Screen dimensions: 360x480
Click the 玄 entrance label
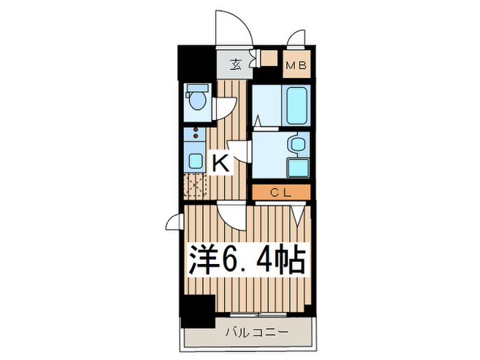click(x=235, y=65)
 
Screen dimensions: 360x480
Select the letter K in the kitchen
click(x=220, y=163)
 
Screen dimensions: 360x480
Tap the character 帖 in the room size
click(x=289, y=260)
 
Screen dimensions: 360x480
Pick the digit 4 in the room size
click(x=263, y=260)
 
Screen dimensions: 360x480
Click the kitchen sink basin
click(x=195, y=162)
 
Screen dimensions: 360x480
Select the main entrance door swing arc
click(x=231, y=28)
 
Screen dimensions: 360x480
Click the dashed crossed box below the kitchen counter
click(x=195, y=185)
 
